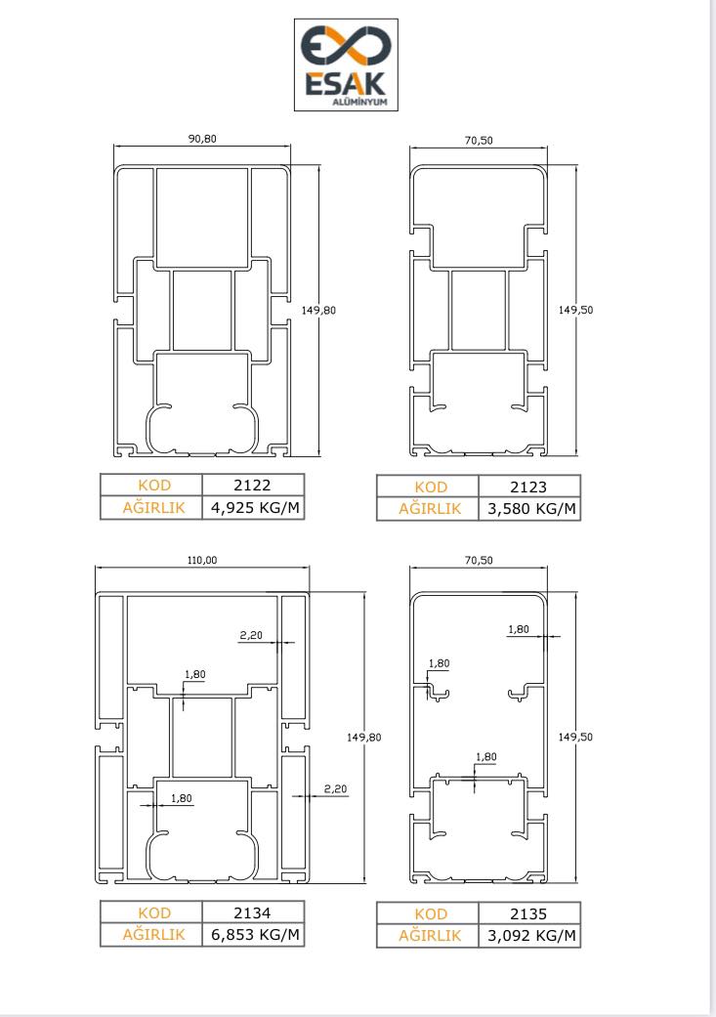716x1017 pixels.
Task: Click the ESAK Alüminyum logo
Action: (x=346, y=64)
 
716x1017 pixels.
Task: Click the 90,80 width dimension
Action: (x=202, y=139)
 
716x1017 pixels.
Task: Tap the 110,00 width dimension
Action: (x=202, y=560)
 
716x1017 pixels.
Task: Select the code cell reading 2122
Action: (x=252, y=486)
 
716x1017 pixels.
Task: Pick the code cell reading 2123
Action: (x=528, y=487)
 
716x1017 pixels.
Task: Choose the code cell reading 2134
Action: (x=252, y=912)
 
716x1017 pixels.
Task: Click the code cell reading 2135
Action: (x=528, y=913)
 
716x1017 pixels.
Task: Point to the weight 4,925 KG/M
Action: (x=256, y=508)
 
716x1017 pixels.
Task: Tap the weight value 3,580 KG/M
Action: (x=531, y=509)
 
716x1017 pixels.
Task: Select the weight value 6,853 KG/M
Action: (x=256, y=935)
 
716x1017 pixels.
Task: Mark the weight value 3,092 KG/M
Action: (x=531, y=936)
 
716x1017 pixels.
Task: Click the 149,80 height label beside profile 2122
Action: (x=318, y=311)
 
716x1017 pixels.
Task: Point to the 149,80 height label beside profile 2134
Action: (x=363, y=738)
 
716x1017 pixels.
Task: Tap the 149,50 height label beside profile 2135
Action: (x=575, y=737)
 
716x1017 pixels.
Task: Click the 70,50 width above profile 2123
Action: (x=479, y=140)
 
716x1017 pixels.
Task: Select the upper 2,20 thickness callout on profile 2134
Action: (x=251, y=636)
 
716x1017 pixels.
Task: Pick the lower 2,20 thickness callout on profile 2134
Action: (x=335, y=788)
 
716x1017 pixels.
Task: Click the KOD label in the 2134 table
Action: (x=154, y=912)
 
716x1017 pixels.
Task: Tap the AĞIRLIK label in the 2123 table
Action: (x=430, y=509)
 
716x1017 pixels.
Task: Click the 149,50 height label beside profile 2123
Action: (x=575, y=310)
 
